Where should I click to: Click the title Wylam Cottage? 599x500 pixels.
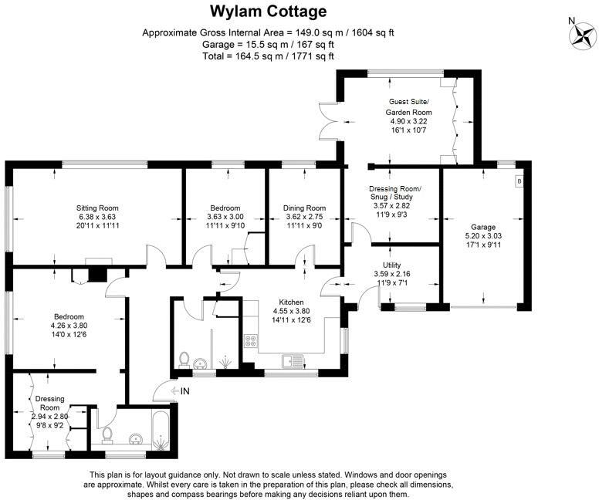tap(269, 12)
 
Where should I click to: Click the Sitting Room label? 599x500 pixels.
tap(96, 208)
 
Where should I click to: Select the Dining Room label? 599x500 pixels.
tap(304, 208)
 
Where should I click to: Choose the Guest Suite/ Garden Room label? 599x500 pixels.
tap(408, 107)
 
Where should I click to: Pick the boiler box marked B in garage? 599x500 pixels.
tap(519, 181)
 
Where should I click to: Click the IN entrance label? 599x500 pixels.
tap(184, 392)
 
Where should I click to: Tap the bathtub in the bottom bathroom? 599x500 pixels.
tap(159, 431)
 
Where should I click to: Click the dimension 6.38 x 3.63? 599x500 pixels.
tap(96, 217)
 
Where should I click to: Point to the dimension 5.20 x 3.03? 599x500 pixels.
tap(483, 235)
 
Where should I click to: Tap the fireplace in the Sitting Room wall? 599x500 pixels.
tap(96, 272)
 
